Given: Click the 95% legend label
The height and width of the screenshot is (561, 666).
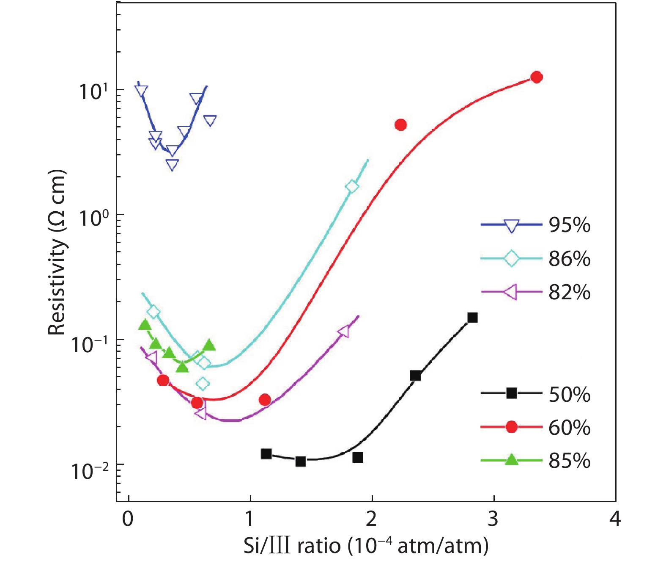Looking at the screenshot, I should click(x=569, y=225).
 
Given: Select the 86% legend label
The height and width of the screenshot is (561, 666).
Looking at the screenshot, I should click(x=569, y=258).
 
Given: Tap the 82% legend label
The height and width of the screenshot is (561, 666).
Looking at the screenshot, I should click(x=569, y=292).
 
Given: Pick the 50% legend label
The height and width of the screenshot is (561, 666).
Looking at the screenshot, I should click(x=569, y=394).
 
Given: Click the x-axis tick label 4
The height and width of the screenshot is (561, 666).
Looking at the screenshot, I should click(x=615, y=519).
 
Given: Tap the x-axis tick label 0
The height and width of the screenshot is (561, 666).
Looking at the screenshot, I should click(x=128, y=519).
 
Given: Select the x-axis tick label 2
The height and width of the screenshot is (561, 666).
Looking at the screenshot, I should click(x=371, y=519).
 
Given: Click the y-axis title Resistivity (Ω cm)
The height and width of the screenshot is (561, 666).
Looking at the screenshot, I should click(x=57, y=253).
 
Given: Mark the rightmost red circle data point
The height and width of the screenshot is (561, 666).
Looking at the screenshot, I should click(x=537, y=77).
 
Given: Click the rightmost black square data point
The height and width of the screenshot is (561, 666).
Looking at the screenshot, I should click(x=472, y=318).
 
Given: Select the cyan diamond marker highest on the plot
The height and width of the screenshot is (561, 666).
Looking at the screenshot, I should click(x=352, y=186).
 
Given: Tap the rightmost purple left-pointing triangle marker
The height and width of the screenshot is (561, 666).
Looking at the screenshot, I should click(x=344, y=332).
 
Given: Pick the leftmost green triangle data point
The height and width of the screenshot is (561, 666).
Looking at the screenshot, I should click(x=145, y=325).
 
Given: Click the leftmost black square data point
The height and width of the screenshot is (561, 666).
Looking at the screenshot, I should click(x=266, y=454).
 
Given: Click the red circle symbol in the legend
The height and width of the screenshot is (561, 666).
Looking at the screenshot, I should click(x=512, y=427).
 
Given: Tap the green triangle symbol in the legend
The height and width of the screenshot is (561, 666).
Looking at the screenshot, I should click(x=512, y=460).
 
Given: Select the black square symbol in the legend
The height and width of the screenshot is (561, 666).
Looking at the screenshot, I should click(x=512, y=393).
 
